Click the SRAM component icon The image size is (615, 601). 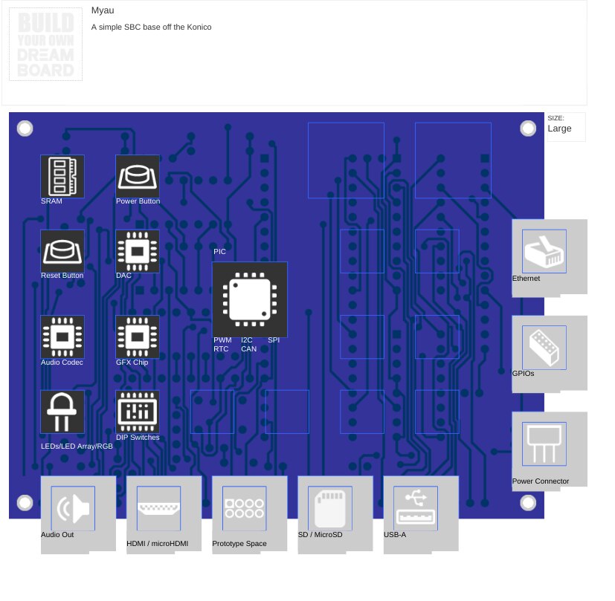[62, 176]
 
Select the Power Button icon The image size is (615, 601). [138, 176]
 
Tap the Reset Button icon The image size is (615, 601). [62, 251]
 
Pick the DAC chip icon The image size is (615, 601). [138, 251]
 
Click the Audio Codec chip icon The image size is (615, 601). [62, 337]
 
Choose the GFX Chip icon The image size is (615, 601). [138, 337]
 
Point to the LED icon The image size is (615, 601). [62, 412]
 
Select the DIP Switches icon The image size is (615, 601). [138, 412]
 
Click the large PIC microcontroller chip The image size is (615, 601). [250, 299]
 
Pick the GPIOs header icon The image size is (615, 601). [544, 348]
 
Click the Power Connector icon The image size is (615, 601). [544, 444]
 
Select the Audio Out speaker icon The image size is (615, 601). [73, 508]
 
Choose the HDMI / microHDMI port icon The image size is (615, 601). [158, 508]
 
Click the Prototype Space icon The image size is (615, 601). [244, 508]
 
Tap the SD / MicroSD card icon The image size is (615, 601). [329, 508]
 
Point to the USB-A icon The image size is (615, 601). [415, 508]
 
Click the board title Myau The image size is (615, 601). [103, 10]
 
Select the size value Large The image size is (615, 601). [560, 129]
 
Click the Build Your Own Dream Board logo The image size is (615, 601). [45, 45]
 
